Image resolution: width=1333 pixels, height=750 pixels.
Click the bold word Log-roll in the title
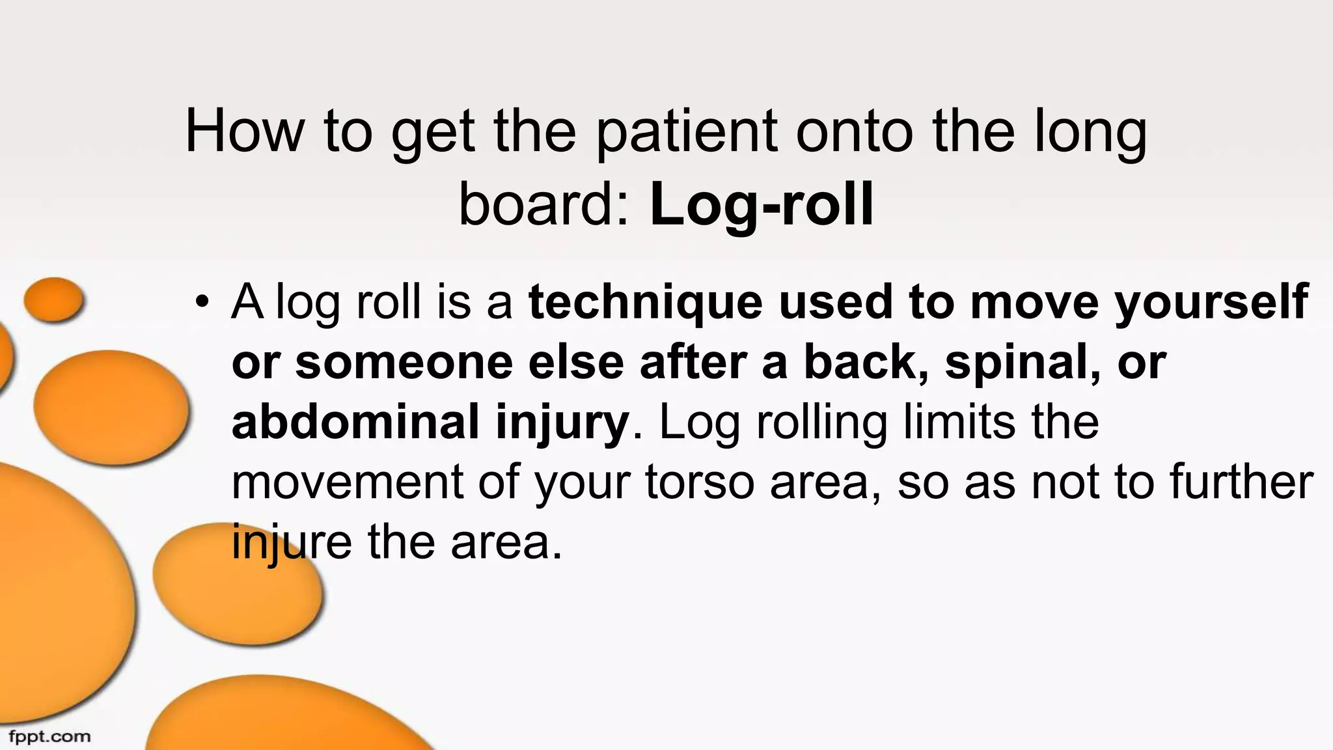pos(761,206)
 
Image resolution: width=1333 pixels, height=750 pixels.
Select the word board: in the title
pos(545,206)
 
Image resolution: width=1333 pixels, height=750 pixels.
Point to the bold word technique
pos(645,302)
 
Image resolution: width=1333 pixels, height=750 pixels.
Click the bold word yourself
pos(1211,302)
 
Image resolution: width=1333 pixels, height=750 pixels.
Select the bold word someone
pos(404,362)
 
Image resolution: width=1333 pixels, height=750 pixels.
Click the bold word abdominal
pos(355,422)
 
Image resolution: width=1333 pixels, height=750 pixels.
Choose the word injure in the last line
pos(292,542)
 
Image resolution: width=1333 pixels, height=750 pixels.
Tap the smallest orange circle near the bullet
pos(53,299)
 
